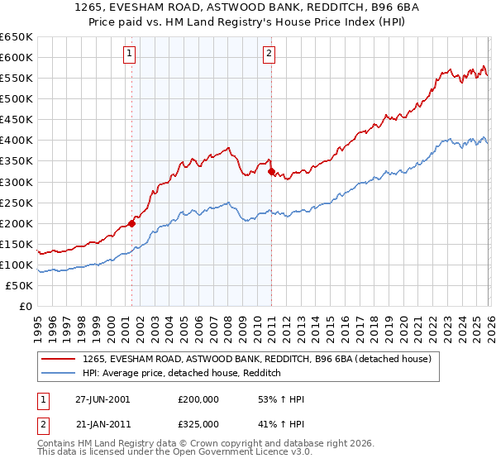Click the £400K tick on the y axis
(x=17, y=140)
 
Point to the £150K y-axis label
(x=17, y=244)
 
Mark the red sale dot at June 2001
(x=131, y=223)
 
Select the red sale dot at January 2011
(x=271, y=171)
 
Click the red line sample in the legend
(x=59, y=359)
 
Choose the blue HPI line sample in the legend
(x=59, y=374)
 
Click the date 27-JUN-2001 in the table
(x=103, y=399)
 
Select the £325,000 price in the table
(x=198, y=423)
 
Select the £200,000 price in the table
(x=198, y=399)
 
